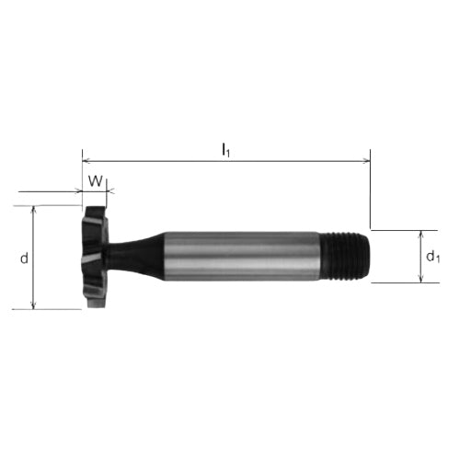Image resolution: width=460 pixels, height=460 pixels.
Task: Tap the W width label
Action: coord(94,179)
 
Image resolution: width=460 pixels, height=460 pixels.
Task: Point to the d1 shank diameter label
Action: coord(432,257)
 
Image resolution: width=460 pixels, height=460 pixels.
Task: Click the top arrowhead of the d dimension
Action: coord(34,208)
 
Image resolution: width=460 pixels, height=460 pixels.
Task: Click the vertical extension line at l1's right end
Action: coord(371,193)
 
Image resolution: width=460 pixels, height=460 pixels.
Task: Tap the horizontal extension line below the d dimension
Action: coord(55,310)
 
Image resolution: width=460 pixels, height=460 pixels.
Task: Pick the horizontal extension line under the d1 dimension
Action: coord(405,282)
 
